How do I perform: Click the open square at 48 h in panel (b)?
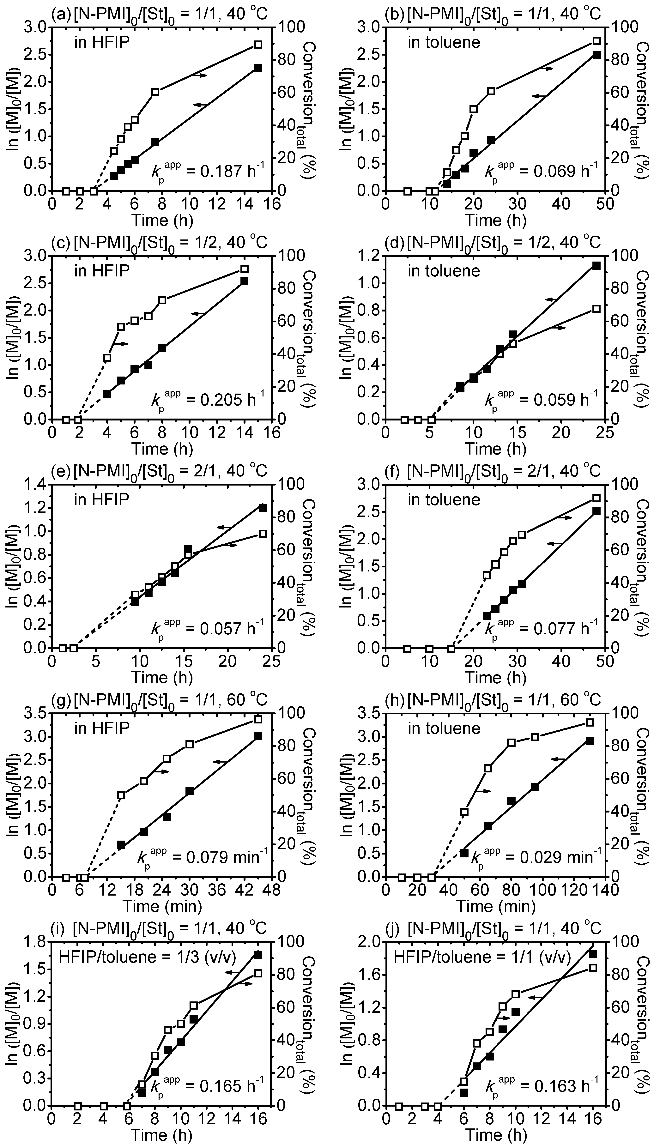tap(596, 41)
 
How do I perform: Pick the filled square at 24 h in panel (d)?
tap(596, 265)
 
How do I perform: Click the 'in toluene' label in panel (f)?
tap(444, 499)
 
